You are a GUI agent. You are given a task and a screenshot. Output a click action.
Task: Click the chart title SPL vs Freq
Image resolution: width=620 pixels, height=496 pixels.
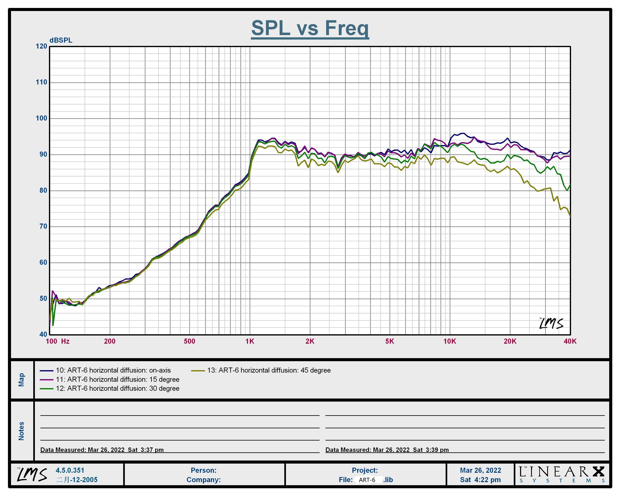point(310,28)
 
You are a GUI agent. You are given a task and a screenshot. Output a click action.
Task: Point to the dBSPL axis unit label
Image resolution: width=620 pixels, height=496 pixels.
point(61,40)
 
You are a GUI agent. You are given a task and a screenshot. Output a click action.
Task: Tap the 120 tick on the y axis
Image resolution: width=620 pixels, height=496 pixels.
point(41,46)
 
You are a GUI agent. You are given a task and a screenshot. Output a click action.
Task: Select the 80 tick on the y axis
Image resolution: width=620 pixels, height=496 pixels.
point(43,190)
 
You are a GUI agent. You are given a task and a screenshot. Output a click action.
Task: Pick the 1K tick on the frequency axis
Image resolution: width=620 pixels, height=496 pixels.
point(250,341)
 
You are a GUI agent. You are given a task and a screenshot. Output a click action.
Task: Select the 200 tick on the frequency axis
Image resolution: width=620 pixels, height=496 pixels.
point(110,341)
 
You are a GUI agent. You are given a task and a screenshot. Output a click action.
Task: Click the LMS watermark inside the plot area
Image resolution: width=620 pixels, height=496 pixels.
point(551,323)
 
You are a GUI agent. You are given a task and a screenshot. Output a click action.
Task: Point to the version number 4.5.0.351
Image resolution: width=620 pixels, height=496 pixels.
point(70,471)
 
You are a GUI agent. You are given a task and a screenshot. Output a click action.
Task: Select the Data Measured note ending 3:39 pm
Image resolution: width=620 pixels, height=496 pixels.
point(387,450)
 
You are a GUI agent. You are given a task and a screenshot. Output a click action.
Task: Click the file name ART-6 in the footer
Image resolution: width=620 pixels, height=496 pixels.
point(367,480)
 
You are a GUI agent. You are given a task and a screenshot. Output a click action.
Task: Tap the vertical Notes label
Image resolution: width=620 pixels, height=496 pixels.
point(21,431)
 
